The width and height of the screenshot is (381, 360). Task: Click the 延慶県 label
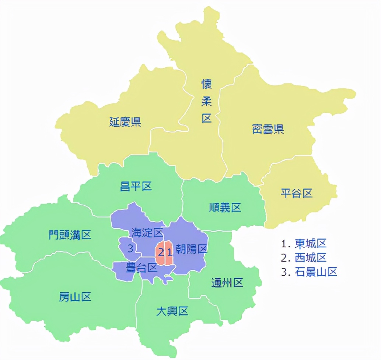tap(125, 121)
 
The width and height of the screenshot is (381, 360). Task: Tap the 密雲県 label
tap(268, 129)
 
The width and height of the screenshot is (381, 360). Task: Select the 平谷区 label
tap(297, 193)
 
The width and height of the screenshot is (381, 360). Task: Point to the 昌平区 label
tap(136, 186)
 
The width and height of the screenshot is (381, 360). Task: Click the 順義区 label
tap(225, 208)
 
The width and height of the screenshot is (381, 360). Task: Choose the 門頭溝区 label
tap(70, 234)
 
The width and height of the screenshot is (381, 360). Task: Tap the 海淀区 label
tap(147, 233)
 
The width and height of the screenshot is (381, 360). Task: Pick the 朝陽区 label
tap(192, 249)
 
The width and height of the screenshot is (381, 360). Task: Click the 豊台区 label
tap(142, 268)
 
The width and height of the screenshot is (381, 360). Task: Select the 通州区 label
tap(227, 283)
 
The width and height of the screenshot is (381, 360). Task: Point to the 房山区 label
tap(75, 297)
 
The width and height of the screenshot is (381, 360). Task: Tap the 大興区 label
tap(172, 311)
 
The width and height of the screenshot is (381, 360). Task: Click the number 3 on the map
tap(130, 248)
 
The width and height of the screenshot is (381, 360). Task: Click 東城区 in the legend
tap(311, 243)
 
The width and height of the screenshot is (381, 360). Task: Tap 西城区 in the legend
tap(311, 258)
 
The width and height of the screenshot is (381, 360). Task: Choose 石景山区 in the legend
tap(316, 272)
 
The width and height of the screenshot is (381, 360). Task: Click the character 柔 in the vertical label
tap(207, 101)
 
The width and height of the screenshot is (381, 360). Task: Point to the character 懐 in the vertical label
tap(207, 84)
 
